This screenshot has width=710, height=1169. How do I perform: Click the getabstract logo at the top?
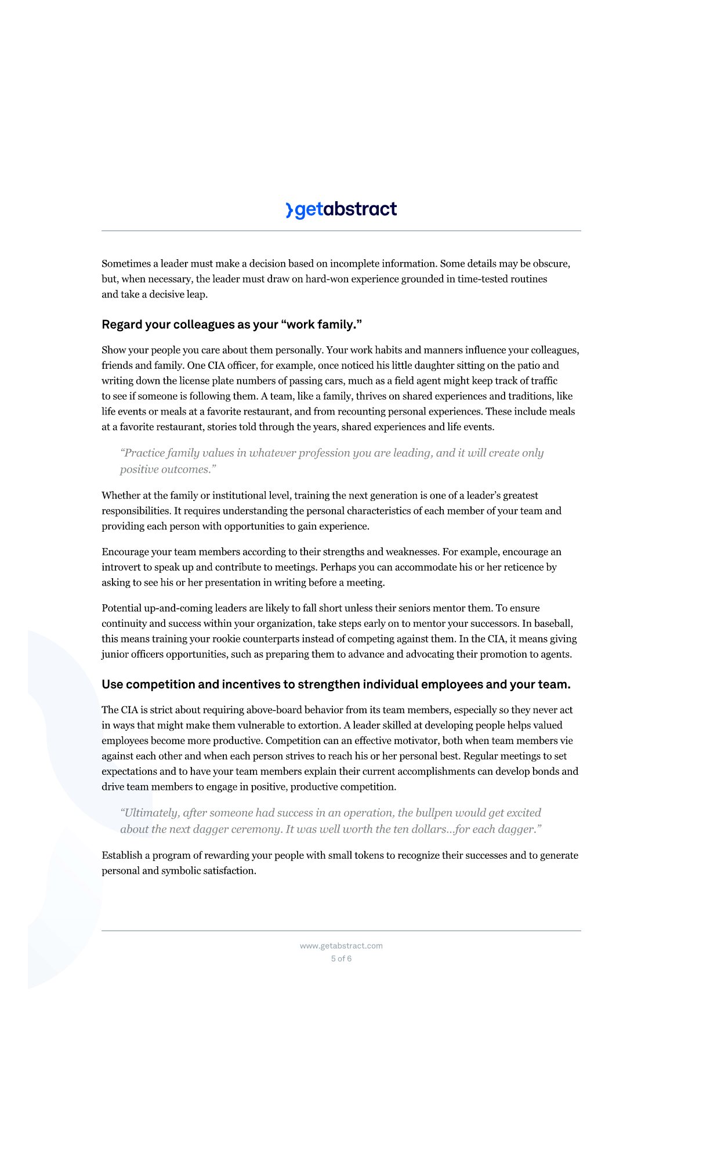[341, 209]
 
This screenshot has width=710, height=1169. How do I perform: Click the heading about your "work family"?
[231, 325]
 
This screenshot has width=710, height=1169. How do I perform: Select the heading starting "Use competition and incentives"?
[336, 685]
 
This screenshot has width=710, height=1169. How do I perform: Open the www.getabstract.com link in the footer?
[341, 946]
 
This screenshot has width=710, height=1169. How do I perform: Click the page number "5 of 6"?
[341, 959]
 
